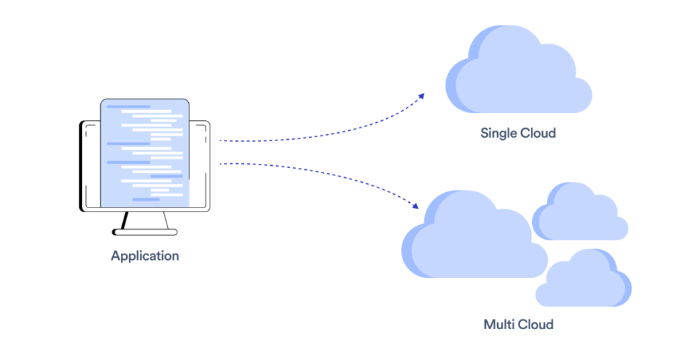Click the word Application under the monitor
click(145, 256)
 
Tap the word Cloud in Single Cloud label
click(538, 133)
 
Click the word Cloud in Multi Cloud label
click(536, 324)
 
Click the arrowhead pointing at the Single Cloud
click(421, 96)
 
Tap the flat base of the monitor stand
click(145, 232)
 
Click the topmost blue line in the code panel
click(128, 107)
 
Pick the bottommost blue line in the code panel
click(146, 199)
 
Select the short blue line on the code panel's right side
click(166, 176)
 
